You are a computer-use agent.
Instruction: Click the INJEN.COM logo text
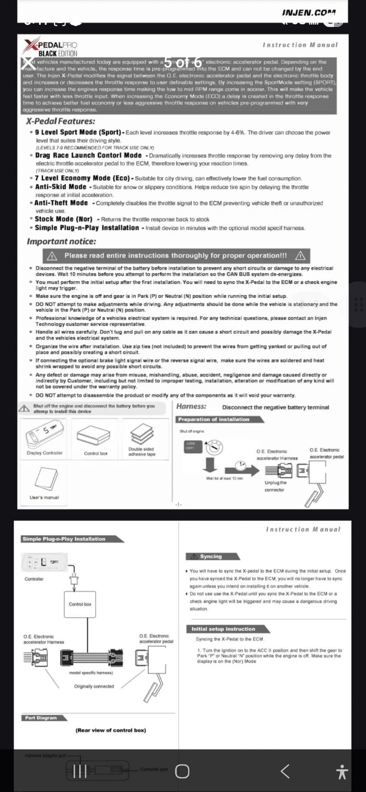point(308,12)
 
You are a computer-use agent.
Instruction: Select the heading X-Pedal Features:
point(61,122)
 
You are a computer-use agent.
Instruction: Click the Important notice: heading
point(62,241)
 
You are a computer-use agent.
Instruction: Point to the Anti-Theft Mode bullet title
point(61,203)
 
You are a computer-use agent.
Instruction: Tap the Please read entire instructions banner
point(176,256)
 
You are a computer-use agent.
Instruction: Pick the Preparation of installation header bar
point(214,420)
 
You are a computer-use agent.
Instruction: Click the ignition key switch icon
point(211,448)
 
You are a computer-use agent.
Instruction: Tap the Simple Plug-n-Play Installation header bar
point(64,539)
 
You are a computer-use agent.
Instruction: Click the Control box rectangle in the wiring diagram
point(80,604)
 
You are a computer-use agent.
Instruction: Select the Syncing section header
point(211,557)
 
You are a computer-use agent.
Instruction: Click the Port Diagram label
point(40,718)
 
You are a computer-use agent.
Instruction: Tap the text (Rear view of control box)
point(111,730)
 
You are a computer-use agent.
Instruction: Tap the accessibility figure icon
point(342,772)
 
